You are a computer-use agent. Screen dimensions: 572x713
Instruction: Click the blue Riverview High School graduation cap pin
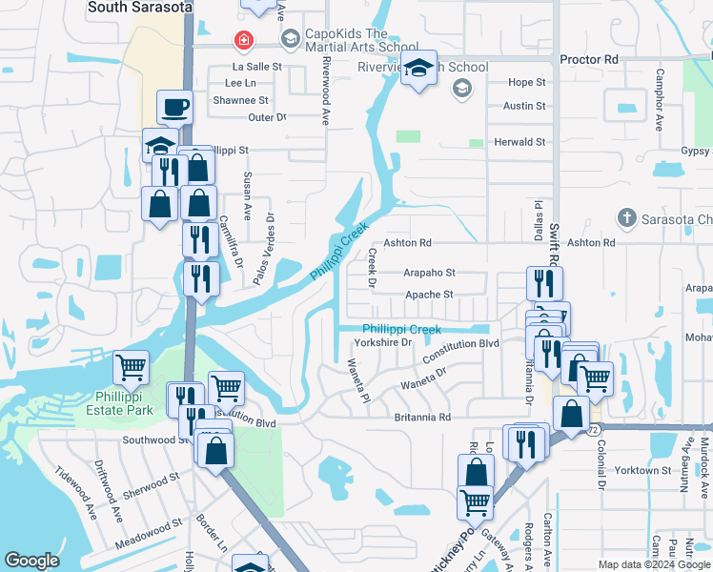(x=418, y=69)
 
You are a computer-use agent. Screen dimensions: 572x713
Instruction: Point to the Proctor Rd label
(x=589, y=59)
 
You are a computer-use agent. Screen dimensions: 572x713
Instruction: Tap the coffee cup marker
(x=176, y=107)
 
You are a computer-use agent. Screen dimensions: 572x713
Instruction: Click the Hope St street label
(x=526, y=82)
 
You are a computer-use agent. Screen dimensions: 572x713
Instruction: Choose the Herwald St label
(x=525, y=142)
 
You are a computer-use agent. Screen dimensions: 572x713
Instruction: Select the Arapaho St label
(x=429, y=273)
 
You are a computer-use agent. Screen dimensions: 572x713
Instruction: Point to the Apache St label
(x=430, y=295)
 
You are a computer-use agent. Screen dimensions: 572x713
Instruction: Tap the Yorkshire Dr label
(x=382, y=342)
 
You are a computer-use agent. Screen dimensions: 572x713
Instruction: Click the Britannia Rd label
(x=421, y=418)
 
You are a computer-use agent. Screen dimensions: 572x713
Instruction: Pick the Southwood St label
(x=156, y=440)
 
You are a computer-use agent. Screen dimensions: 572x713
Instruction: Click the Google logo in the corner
(x=32, y=561)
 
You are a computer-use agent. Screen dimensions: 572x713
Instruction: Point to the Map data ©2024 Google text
(x=653, y=564)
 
